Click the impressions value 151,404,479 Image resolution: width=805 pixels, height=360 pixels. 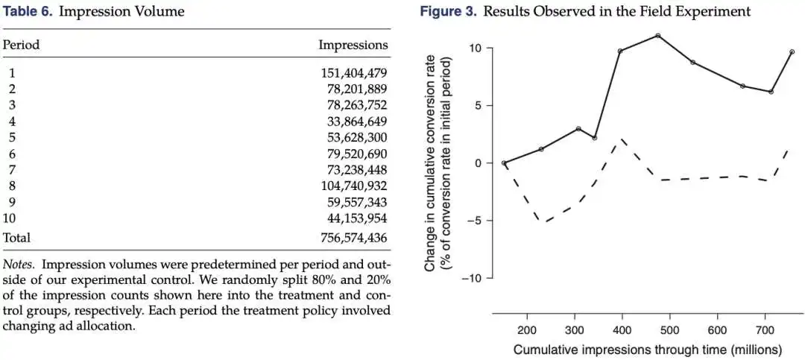pos(354,73)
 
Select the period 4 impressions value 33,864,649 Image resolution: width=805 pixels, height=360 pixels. pos(357,121)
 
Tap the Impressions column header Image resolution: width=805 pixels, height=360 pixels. pos(353,45)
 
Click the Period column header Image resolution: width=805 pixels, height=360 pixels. pos(21,45)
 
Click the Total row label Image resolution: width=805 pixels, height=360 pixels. pos(17,238)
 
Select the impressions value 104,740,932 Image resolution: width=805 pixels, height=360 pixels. pos(354,186)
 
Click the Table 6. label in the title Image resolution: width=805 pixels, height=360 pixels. pos(28,11)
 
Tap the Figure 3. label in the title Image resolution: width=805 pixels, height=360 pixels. pos(449,11)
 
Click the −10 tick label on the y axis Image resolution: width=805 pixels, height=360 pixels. pos(472,278)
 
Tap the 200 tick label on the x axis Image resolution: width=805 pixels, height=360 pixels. pos(527,329)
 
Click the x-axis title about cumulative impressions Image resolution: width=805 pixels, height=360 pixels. pos(648,350)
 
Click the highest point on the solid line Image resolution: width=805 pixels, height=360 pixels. pos(657,36)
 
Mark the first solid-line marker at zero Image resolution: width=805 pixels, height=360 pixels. pos(504,163)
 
